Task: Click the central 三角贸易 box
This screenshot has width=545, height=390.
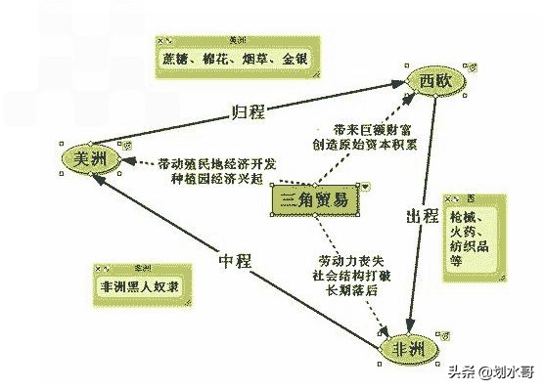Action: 314,200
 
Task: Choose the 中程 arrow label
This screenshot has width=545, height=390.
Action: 235,261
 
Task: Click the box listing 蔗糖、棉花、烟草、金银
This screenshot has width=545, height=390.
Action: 233,58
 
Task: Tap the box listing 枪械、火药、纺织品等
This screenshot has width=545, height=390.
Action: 477,241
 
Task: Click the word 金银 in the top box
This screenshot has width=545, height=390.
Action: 294,58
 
